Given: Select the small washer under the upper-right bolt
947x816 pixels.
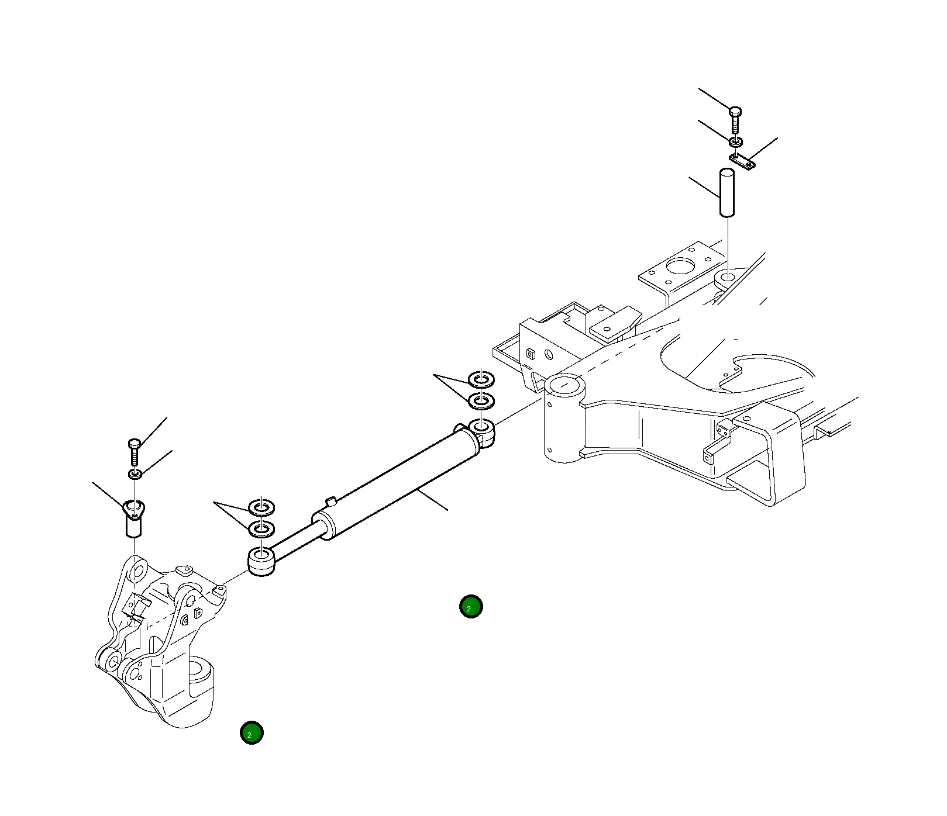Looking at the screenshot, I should tap(736, 141).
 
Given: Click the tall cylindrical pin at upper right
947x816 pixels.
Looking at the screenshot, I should tap(726, 193).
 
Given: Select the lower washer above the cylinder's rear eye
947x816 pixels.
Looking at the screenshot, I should tap(481, 400).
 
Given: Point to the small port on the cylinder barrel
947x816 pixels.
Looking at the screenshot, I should tap(331, 501).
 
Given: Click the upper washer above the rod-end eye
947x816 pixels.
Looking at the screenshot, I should tap(261, 507).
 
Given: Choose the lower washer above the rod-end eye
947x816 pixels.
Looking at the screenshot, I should tap(261, 529).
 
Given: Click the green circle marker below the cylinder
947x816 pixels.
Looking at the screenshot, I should tap(471, 607).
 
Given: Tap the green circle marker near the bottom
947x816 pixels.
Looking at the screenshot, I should tap(252, 732).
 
